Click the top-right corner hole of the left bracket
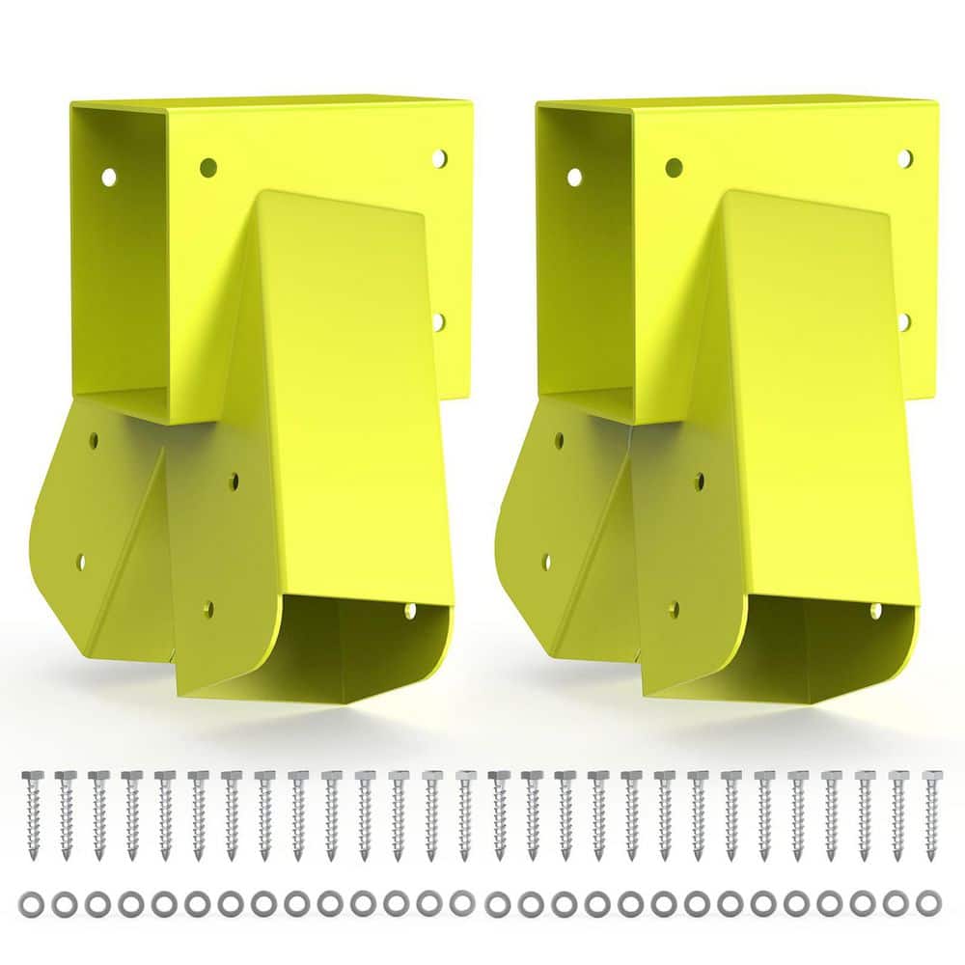439,157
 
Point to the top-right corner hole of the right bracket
905,157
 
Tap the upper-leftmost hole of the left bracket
108,177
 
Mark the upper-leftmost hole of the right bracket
574,177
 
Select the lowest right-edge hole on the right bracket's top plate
904,320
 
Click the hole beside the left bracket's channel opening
409,610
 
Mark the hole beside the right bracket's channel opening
876,610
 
